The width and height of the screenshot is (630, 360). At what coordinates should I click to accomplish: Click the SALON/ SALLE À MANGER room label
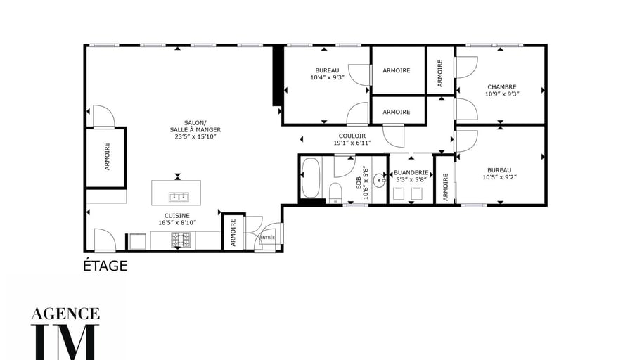195,126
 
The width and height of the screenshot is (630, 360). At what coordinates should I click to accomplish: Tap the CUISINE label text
176,216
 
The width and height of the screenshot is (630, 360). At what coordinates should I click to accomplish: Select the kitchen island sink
179,196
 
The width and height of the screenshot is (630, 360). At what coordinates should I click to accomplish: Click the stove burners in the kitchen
181,240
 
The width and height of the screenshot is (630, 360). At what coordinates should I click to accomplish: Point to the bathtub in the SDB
310,178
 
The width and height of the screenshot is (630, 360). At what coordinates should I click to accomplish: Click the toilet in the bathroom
335,193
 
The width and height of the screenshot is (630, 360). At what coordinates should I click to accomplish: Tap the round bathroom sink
379,181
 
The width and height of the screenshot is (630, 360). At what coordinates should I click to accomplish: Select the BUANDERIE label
411,173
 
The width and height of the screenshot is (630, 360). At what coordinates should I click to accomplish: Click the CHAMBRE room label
502,86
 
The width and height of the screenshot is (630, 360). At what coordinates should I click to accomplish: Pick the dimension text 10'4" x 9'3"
328,77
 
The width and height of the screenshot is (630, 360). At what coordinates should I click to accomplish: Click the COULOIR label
352,136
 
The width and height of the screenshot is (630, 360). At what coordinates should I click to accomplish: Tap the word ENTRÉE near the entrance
268,238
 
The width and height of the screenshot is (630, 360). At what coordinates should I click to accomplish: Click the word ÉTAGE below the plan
105,265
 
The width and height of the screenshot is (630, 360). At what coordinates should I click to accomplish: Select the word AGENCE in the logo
65,314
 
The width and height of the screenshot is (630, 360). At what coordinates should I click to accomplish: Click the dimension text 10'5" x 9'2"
499,177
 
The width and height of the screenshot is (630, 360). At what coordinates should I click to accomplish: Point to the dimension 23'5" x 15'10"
195,136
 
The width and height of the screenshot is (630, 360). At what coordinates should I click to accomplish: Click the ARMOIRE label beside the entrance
233,233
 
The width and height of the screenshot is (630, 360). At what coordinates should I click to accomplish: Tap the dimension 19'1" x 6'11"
352,143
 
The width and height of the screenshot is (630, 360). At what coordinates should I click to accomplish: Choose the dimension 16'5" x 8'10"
176,223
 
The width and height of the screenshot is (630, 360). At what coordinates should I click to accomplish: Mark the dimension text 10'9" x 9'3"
502,94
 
